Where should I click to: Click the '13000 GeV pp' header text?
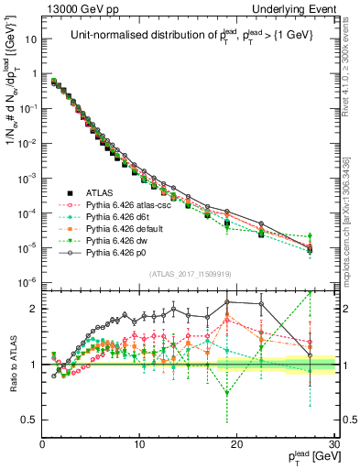coord(74,7)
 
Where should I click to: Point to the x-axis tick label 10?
coord(139,444)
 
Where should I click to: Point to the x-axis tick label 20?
coord(236,444)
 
